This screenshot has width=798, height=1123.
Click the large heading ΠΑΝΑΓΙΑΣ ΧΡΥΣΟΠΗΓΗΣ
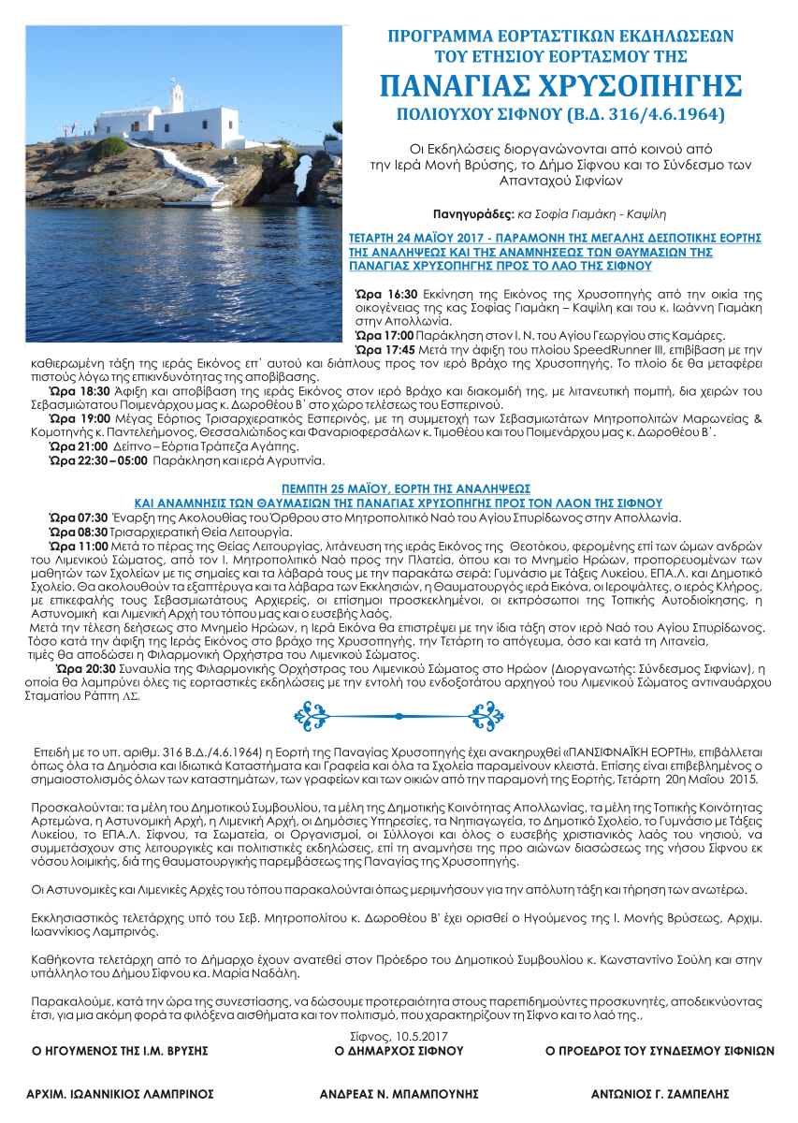click(560, 85)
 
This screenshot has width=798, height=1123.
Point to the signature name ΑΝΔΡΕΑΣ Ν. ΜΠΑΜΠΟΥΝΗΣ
click(399, 1093)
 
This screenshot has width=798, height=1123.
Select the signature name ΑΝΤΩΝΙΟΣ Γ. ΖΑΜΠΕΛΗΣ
click(659, 1093)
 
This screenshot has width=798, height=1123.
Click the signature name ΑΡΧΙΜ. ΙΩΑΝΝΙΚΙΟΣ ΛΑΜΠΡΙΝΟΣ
click(121, 1093)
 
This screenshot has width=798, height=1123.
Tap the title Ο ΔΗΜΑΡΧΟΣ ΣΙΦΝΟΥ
click(399, 1051)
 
